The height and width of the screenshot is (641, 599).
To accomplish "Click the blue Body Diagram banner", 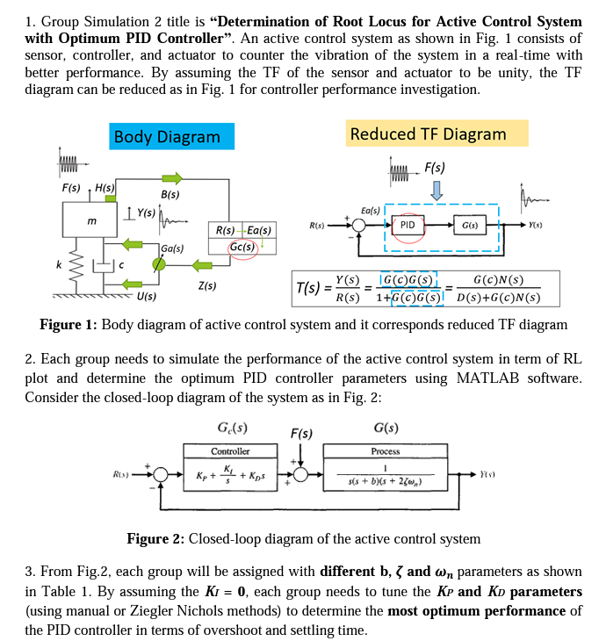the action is (172, 136).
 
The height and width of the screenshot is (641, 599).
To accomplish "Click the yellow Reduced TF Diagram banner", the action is (437, 133).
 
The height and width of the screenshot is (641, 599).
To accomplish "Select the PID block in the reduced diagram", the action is (408, 226).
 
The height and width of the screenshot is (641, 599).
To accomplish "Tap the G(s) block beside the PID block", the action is (470, 226).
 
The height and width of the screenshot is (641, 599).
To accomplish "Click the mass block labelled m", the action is (90, 220).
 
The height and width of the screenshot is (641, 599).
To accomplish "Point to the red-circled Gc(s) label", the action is (242, 247).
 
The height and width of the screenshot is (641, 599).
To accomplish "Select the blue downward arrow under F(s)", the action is (437, 191).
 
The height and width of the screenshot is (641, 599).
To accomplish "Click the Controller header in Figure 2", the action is (230, 451).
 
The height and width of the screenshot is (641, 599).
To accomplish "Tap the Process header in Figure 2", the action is (386, 451).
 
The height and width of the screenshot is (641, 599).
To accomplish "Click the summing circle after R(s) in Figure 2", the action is (161, 475).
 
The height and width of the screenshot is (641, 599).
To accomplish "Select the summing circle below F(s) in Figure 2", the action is (301, 475).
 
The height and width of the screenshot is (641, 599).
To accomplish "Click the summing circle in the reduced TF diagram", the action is (359, 226).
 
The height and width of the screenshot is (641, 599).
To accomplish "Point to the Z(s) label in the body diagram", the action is (207, 285).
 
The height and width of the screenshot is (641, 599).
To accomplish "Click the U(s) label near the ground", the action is (147, 296).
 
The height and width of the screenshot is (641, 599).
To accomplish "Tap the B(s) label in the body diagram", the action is (170, 195).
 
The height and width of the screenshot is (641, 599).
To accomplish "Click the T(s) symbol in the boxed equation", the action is (308, 288).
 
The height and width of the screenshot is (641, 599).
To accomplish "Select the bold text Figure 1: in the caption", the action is (69, 325).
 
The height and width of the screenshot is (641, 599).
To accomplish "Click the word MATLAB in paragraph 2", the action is (487, 378).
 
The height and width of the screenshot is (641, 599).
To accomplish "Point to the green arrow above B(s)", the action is (172, 178).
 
